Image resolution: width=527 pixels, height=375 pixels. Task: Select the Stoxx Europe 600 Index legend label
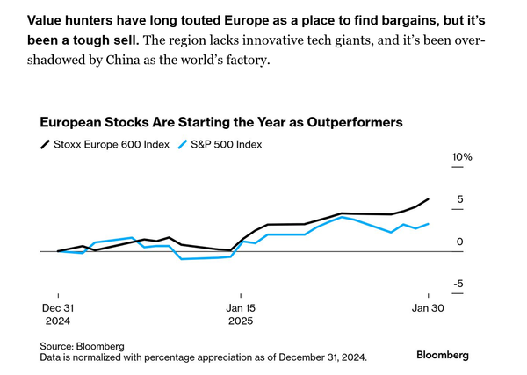pos(113,144)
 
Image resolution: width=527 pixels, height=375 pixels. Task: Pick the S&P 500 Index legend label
pos(227,144)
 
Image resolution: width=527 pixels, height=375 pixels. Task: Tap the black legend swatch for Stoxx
pos(44,144)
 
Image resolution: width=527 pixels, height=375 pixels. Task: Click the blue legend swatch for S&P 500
pos(183,144)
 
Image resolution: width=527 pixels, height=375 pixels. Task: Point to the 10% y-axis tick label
pos(462,157)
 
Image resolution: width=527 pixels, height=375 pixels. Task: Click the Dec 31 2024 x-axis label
pos(58,314)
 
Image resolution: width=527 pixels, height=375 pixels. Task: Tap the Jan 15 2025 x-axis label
pos(241,314)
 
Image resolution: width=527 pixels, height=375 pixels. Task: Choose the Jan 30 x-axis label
pos(428,308)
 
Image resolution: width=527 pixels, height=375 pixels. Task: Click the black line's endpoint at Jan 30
pos(428,199)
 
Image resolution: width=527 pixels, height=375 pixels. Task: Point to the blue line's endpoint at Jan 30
pos(428,224)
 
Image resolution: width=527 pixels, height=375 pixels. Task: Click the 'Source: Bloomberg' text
pos(82,345)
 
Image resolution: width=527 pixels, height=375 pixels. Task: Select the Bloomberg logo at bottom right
pos(442,355)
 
